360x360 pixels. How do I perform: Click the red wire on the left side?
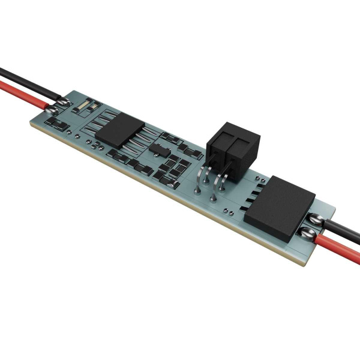tap(21, 96)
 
